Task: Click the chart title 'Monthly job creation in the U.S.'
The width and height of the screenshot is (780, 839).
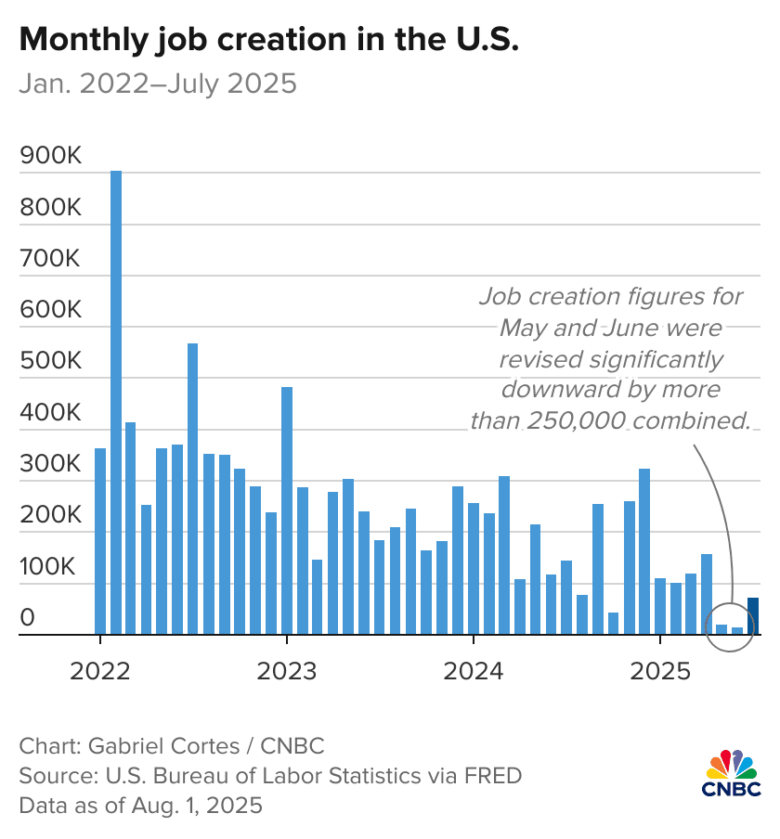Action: click(x=268, y=40)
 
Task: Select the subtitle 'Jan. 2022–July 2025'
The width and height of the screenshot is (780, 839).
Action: click(x=158, y=84)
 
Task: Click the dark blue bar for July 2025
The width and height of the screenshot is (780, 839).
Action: click(x=753, y=617)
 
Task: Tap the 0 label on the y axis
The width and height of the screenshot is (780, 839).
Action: click(x=29, y=618)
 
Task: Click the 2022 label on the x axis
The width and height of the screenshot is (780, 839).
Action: click(x=100, y=670)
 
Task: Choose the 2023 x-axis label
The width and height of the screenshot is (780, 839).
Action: click(x=287, y=670)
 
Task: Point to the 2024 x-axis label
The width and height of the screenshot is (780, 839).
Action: click(x=474, y=670)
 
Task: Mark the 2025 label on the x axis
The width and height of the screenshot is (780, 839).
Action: click(x=659, y=670)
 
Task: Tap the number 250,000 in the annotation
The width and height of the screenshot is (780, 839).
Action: click(x=577, y=420)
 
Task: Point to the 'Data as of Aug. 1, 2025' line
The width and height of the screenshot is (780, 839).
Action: click(x=140, y=804)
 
